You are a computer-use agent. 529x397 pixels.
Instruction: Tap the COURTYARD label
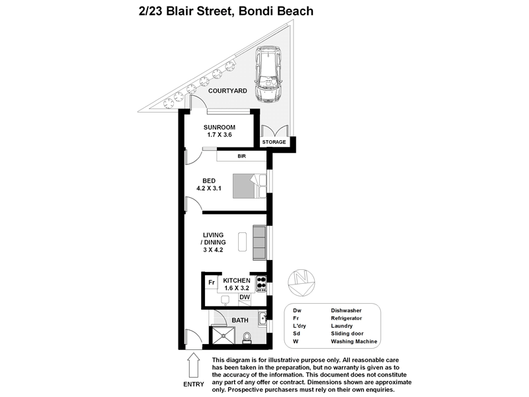pos(227,91)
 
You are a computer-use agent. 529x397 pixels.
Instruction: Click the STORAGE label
pos(274,142)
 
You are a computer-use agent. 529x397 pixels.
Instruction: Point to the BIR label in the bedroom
pos(241,157)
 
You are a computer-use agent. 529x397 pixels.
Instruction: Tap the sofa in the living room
pos(259,243)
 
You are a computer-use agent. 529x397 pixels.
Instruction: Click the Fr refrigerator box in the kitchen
pos(212,283)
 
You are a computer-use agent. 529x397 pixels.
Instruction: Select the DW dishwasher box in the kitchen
pos(244,298)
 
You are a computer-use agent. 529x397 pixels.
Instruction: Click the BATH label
pos(240,320)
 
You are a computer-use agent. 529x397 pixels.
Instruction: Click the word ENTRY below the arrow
pos(193,385)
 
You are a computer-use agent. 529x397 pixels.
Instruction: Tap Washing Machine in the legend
pos(354,341)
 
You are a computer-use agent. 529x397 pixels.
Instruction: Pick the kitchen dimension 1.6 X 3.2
pos(236,288)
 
